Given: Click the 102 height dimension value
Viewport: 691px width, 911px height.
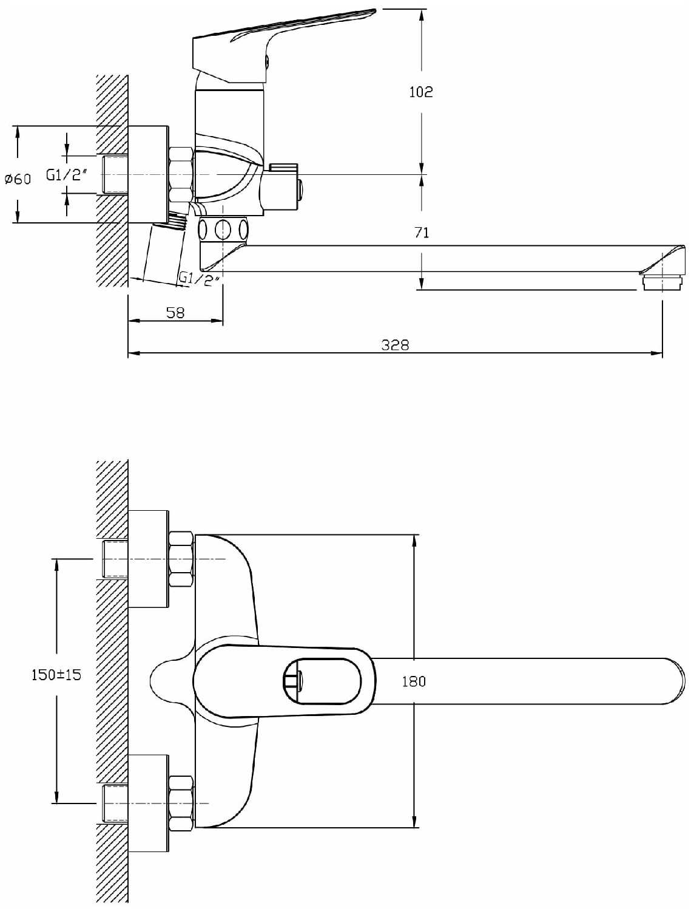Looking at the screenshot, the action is coord(421,92).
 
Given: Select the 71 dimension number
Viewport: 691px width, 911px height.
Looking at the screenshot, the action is coord(422,233).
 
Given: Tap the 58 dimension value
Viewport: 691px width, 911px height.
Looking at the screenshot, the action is coord(175,313).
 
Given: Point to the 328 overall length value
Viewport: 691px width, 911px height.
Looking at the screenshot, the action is coord(395,344).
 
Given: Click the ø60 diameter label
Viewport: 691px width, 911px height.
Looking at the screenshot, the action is coord(18,179).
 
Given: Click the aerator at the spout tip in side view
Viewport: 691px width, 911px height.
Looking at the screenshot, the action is coord(662,282).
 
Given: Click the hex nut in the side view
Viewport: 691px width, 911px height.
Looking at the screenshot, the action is coord(181,175).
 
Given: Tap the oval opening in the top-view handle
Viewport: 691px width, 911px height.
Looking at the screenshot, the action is coord(322,681).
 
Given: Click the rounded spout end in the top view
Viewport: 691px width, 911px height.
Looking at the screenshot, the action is coord(676,681).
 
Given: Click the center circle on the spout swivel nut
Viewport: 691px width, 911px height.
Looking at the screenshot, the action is coord(223,229).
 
